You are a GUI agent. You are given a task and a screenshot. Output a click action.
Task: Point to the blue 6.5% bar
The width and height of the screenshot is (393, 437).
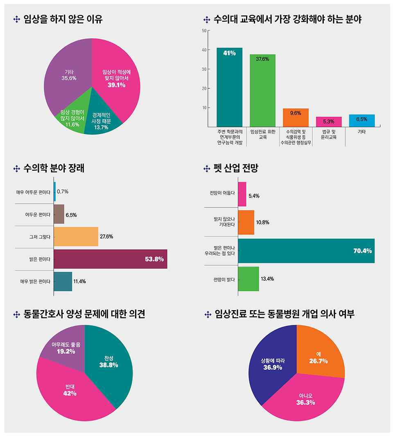click(x=362, y=120)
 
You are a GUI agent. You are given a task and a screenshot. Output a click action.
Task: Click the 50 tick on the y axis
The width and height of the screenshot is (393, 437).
click(x=203, y=31)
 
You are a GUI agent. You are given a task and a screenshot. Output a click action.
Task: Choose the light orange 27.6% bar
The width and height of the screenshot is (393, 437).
click(x=76, y=237)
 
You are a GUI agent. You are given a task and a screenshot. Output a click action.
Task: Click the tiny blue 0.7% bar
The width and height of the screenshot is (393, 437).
click(x=55, y=191)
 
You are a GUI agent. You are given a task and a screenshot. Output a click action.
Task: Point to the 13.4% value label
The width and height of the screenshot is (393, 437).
click(x=267, y=279)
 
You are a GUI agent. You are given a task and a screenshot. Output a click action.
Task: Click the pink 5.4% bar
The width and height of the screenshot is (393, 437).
click(x=242, y=194)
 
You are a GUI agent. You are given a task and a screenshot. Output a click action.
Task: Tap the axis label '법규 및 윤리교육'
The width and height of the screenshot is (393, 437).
click(x=329, y=135)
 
